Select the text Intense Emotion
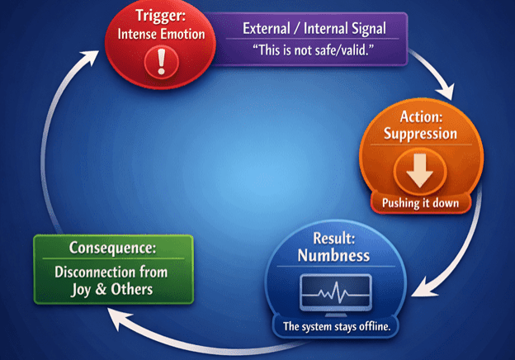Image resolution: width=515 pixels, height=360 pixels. coord(161,36)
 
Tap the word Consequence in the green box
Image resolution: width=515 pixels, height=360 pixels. coord(113,248)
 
